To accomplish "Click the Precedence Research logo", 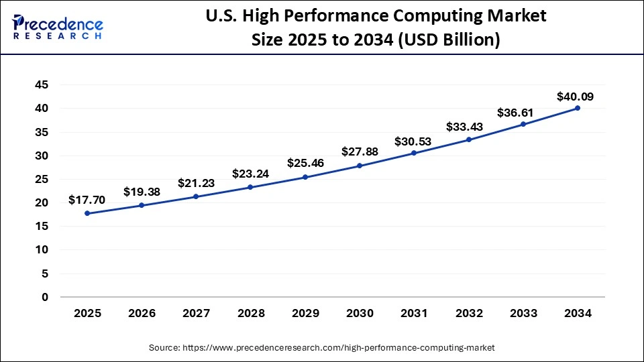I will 58,27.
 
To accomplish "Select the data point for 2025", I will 87,213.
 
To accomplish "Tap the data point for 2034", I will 578,108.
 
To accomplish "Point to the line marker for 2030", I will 360,166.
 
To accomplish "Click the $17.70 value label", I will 87,200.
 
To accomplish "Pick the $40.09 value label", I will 575,97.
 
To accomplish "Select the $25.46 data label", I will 305,163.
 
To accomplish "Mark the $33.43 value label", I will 468,127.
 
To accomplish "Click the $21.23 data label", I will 196,183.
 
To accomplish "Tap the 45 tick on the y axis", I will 42,85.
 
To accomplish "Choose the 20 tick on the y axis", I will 42,202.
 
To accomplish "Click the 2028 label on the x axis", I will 251,313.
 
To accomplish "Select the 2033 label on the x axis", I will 523,313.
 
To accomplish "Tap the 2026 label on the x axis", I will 142,313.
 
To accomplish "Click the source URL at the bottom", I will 322,347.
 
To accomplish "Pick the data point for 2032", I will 469,139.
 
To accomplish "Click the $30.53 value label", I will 414,141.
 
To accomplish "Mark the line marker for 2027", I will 196,196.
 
